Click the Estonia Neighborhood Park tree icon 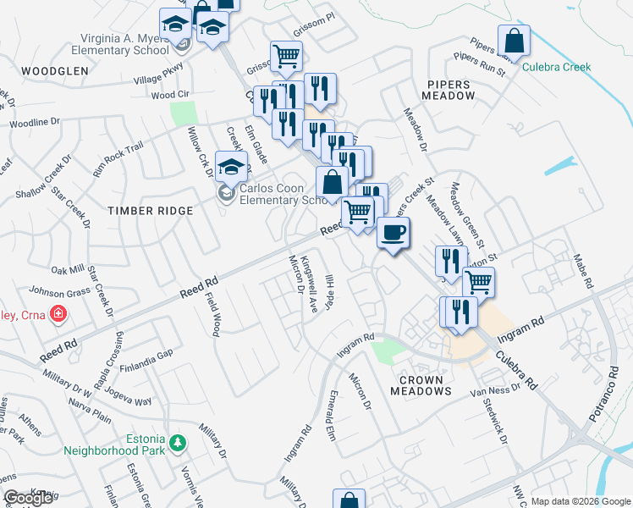[177, 443]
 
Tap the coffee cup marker [391, 232]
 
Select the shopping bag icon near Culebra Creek [514, 40]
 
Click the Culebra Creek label [556, 67]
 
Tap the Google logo [28, 499]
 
